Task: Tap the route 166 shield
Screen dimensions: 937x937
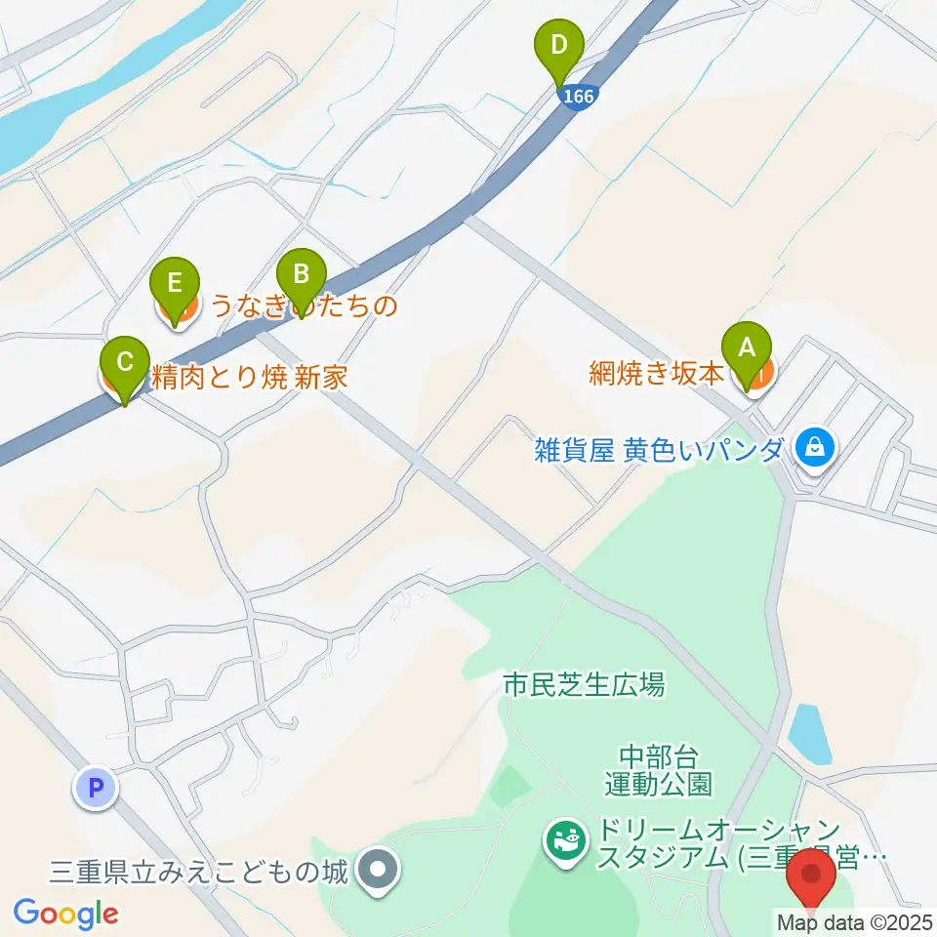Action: click(x=577, y=96)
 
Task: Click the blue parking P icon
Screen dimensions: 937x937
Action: click(x=96, y=787)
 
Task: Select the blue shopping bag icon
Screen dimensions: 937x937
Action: click(x=812, y=448)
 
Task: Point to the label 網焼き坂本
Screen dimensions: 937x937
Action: click(x=657, y=374)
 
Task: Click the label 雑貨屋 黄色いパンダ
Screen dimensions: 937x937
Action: click(x=659, y=450)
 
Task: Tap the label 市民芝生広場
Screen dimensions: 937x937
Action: click(x=583, y=685)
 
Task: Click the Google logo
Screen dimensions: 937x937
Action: click(x=65, y=914)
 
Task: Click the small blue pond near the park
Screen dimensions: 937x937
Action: click(x=809, y=733)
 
